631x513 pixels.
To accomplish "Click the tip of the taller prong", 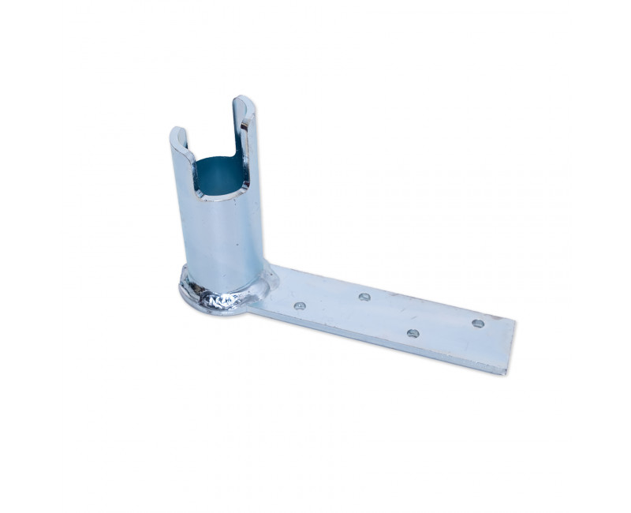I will pos(243,99).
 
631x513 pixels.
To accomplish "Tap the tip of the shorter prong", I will pos(178,130).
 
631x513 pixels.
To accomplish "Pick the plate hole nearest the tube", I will pos(300,305).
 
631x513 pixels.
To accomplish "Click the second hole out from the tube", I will pos(364,297).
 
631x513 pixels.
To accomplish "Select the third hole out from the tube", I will pos(413,333).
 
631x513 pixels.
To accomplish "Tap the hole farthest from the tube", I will pos(478,323).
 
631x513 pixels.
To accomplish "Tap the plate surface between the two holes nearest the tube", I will pos(331,302).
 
